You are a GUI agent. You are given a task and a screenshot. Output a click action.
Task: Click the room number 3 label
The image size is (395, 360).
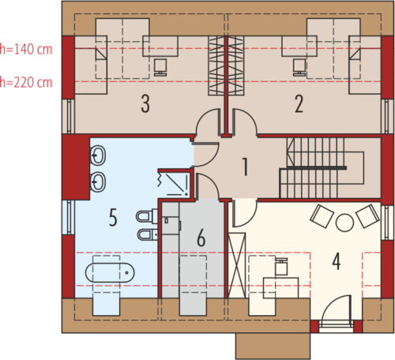pos(145,104)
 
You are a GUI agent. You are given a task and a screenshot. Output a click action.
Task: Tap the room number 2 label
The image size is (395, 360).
pos(299,104)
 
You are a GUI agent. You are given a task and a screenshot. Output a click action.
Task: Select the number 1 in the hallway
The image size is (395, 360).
pos(245,167)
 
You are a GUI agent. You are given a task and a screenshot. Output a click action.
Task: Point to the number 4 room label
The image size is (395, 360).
pos(337,261)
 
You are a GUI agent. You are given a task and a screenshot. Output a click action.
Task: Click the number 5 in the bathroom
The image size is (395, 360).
pos(113,217)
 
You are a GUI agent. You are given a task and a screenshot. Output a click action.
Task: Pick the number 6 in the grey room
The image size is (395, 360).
pos(201,238)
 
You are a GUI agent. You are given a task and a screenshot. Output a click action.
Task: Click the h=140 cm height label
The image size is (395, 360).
pos(26,49)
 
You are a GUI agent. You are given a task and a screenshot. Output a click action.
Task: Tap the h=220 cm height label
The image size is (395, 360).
pos(26,82)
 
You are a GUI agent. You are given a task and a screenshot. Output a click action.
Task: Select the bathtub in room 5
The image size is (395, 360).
pos(110,272)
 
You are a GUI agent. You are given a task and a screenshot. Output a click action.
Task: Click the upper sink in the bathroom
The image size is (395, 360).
pos(98,156)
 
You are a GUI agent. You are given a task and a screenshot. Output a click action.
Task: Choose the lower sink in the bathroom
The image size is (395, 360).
pos(98,182)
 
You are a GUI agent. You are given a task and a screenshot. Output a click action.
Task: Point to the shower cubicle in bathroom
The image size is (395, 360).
pos(175,184)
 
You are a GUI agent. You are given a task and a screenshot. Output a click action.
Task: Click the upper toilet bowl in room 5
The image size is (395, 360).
pos(146,216)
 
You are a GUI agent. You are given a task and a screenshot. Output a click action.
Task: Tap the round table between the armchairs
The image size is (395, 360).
pos(344,223)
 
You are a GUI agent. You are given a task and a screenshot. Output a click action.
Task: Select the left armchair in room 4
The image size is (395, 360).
pos(322,216)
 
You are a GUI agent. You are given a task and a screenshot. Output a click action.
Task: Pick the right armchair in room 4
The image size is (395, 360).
pos(367,216)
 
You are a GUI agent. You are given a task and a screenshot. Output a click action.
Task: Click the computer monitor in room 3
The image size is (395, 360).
pos(160,67)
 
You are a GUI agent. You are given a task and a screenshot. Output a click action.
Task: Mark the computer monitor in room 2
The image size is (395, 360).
pos(299,67)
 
